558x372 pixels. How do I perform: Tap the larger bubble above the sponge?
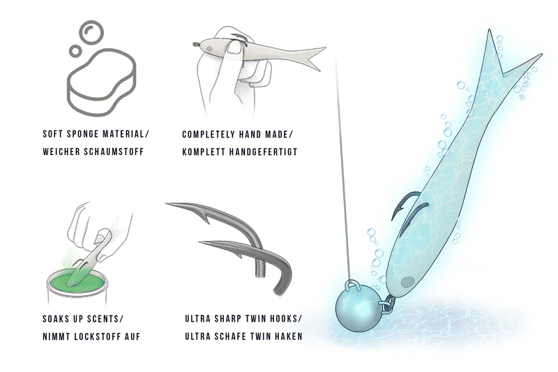point(91,31)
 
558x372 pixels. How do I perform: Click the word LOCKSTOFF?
point(100,336)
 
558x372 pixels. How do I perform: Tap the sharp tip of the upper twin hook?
point(169,204)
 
